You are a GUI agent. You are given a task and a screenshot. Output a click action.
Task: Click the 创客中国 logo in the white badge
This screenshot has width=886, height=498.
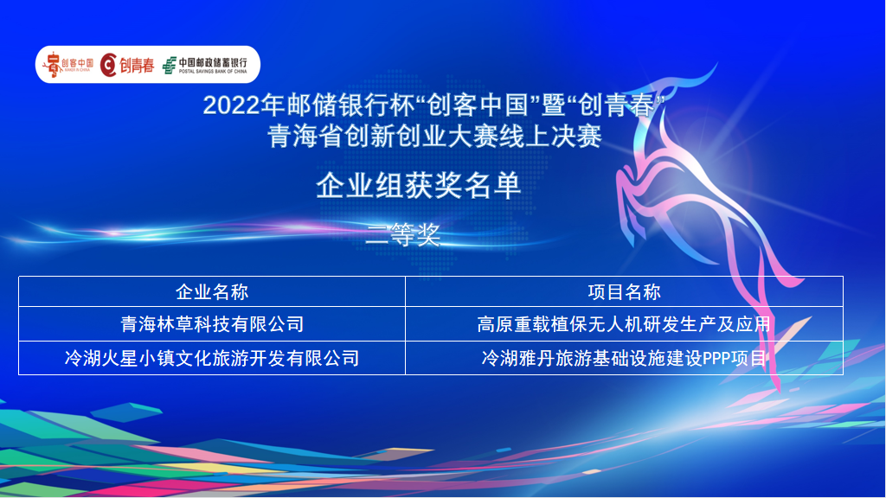pos(67,65)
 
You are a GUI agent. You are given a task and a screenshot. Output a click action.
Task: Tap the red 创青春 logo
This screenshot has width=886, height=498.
pos(127,65)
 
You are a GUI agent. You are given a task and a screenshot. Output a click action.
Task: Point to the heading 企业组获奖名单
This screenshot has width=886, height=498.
pos(418,185)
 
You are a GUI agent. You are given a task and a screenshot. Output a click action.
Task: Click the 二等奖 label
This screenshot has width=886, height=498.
pos(403,234)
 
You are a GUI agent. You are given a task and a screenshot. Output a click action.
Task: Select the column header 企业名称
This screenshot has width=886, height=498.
pos(212,292)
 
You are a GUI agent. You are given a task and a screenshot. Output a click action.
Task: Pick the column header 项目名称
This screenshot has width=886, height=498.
pos(624,292)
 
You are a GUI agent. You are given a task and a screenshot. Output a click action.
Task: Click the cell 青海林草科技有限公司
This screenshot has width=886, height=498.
pos(212,324)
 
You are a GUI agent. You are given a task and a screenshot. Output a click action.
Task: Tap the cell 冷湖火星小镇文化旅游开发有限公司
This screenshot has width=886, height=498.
pos(212,358)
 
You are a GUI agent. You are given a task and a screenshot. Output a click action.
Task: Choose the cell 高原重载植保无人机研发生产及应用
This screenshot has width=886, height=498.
pos(624,324)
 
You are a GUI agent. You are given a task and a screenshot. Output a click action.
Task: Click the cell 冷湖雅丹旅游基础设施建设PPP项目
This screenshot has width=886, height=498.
pos(624,358)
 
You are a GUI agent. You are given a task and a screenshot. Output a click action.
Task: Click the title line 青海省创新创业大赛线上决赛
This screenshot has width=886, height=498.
pos(434,137)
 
